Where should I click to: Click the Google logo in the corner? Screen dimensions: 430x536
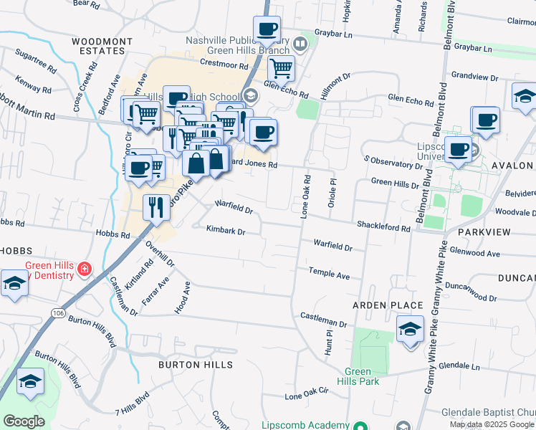24,421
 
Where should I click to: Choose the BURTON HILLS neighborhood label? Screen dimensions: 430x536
196,365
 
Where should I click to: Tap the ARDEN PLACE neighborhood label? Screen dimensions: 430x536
388,305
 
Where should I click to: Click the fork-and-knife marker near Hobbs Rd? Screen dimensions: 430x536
155,208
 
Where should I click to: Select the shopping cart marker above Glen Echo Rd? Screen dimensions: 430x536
281,69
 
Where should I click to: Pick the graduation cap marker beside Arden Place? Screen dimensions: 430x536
410,330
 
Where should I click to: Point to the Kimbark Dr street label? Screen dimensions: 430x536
226,231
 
